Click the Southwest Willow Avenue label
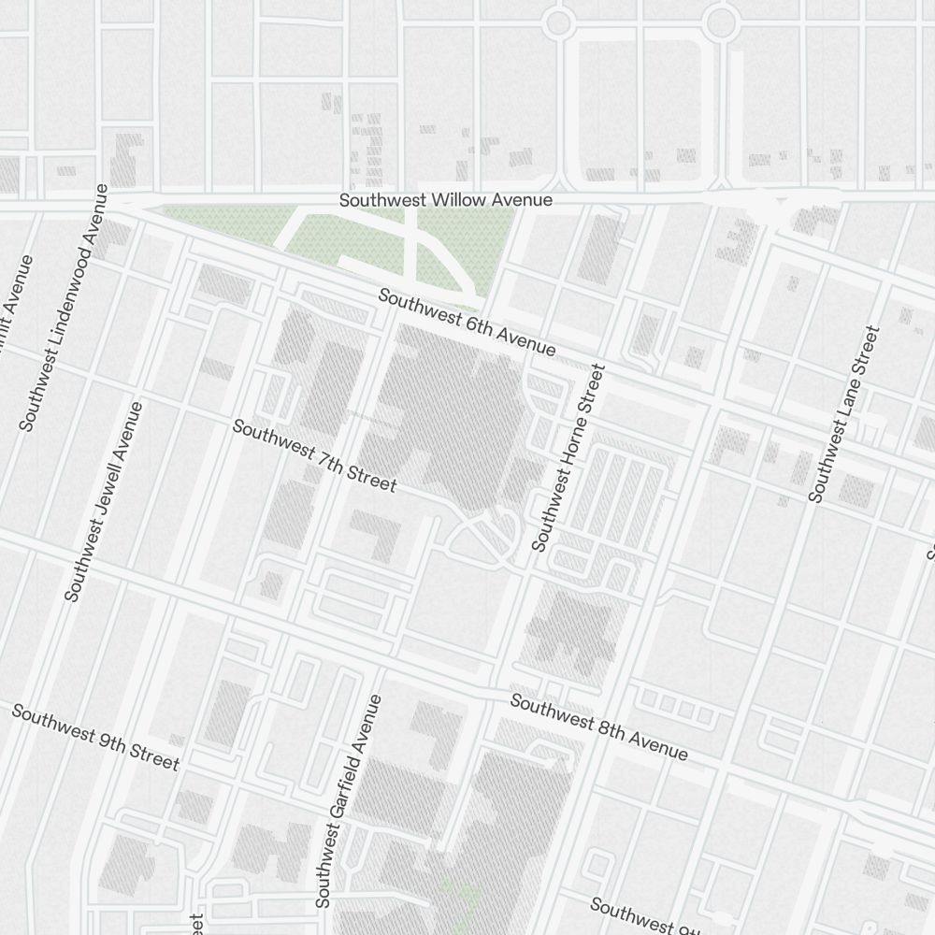point(445,200)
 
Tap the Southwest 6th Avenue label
point(467,323)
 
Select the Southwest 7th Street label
point(314,456)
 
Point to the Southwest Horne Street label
point(568,457)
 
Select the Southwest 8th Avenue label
point(598,727)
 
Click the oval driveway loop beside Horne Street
point(481,538)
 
